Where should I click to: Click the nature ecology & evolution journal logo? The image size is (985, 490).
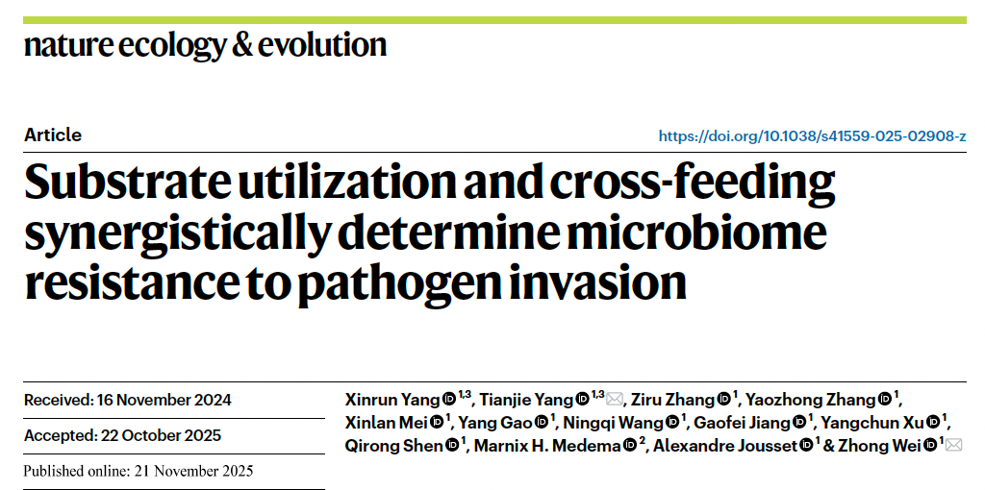click(205, 44)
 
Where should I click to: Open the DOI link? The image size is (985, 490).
click(812, 136)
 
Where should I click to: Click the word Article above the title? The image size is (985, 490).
click(53, 135)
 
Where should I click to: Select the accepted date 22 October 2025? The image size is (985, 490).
click(160, 435)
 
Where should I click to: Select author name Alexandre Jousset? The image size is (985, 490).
click(725, 445)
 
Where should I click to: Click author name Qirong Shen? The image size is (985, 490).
click(394, 445)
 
